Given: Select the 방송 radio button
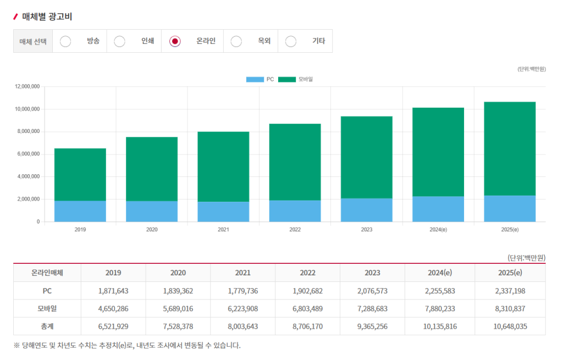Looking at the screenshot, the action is coord(65,41).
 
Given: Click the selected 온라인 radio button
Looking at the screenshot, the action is coord(175,41).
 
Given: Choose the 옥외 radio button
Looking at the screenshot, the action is coord(236,41).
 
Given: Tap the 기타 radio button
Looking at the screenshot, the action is coord(290,41).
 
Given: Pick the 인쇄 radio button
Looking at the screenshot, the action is coord(119,41).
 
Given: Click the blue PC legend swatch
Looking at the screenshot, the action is coord(255,79).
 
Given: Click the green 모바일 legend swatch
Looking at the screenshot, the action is coord(287,79).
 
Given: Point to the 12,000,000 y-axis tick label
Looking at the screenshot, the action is coord(27,86).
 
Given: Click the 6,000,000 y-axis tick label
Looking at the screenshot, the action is coord(29,154).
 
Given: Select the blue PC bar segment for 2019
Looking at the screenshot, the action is coord(80,211).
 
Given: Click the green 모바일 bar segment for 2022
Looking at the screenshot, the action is coord(295,162).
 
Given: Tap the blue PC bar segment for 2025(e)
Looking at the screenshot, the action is coord(510,208).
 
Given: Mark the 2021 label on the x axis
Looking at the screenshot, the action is coord(223,230).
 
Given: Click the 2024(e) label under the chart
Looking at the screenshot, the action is coord(438,230).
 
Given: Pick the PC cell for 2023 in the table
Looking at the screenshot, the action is coord(372,291).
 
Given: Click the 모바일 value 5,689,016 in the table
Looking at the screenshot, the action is coord(178,309).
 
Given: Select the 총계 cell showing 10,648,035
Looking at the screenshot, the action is coord(510,326).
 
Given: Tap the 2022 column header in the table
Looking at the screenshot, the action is coord(308,273).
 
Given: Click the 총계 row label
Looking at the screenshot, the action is coord(47,326).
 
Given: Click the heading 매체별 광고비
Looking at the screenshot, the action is coord(47,16).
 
